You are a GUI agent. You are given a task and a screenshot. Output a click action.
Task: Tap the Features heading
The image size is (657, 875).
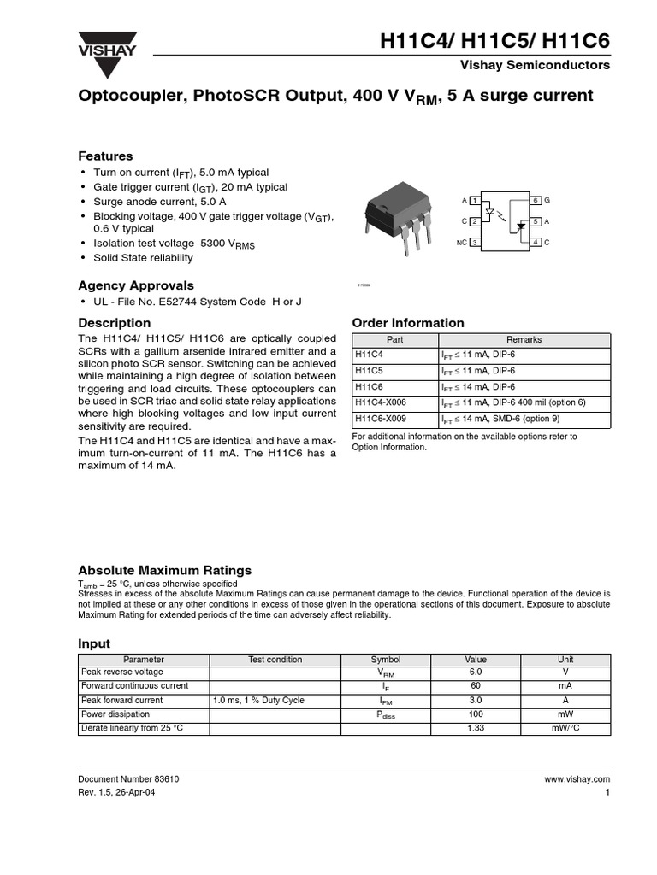coord(105,156)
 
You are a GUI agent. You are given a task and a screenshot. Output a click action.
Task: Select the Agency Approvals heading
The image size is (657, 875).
coord(136,285)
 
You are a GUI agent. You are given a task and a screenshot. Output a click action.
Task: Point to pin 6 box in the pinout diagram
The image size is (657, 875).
coord(536,200)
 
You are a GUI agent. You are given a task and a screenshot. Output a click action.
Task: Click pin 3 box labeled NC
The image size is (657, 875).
coord(475,244)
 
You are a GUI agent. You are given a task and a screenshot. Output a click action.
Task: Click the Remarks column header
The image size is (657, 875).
coord(524,339)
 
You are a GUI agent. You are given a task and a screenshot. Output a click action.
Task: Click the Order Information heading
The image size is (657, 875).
coord(408,323)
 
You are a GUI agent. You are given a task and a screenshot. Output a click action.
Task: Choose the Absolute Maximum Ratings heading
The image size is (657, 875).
coord(165,570)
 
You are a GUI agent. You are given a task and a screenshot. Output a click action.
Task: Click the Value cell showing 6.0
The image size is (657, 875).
coord(476,672)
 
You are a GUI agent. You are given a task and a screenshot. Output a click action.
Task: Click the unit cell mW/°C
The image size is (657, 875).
coord(565,728)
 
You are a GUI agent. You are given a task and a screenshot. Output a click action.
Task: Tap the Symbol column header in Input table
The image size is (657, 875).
coord(385,659)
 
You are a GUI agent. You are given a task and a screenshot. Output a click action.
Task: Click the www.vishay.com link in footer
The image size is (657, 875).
coord(577,779)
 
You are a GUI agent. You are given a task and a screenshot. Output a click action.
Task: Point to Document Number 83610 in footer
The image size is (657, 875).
coord(128,779)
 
